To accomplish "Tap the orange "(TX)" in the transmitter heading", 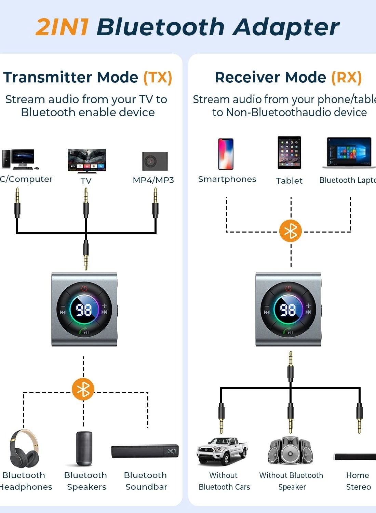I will pyautogui.click(x=158, y=77).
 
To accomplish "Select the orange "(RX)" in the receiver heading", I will pyautogui.click(x=346, y=77).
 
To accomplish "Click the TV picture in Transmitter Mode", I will pyautogui.click(x=87, y=160).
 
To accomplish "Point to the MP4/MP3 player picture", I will pyautogui.click(x=155, y=161).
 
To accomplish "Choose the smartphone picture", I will pyautogui.click(x=226, y=154).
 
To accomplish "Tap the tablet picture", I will pyautogui.click(x=289, y=153).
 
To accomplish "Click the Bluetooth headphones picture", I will pyautogui.click(x=24, y=448).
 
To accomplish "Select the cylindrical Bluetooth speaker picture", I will pyautogui.click(x=84, y=448).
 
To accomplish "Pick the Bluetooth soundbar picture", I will pyautogui.click(x=145, y=451).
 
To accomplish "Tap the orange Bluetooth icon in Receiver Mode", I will pyautogui.click(x=291, y=231).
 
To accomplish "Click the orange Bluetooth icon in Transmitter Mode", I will pyautogui.click(x=83, y=389).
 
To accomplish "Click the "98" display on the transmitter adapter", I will pyautogui.click(x=84, y=310).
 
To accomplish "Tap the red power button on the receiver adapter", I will pyautogui.click(x=288, y=288).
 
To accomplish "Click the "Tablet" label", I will pyautogui.click(x=289, y=181).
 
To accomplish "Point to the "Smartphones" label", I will pyautogui.click(x=227, y=179).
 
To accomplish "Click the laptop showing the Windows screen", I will pyautogui.click(x=348, y=153).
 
